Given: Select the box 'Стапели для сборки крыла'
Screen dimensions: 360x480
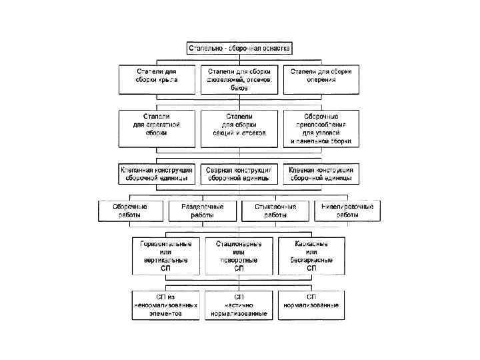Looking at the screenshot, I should pos(157,79).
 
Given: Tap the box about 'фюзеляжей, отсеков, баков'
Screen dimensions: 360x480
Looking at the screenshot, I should pos(239,79).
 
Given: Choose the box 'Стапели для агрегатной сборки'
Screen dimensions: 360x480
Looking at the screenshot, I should pos(157,128).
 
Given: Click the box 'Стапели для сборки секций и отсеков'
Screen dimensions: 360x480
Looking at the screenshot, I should pos(239,128).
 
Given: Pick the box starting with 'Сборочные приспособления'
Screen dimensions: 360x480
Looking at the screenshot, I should pos(321,128).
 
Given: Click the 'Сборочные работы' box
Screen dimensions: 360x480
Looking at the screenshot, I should pos(130,211).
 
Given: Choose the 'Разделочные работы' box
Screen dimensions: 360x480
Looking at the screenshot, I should pos(203,211).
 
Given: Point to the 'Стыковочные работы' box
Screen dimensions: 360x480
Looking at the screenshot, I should pos(275,211).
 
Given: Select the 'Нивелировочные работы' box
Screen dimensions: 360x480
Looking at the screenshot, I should pos(347,211).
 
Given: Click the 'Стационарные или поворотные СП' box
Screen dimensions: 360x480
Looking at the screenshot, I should pos(239,255).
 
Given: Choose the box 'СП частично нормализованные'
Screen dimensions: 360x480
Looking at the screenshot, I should pos(239,305).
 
